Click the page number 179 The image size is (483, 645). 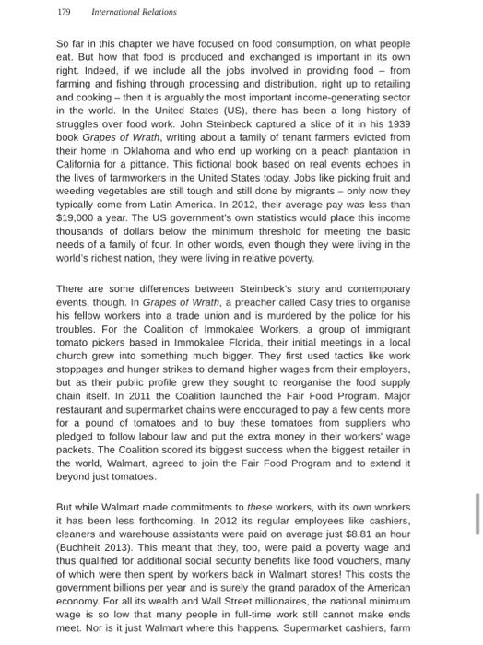pyautogui.click(x=64, y=12)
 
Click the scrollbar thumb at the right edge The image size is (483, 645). pyautogui.click(x=477, y=513)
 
